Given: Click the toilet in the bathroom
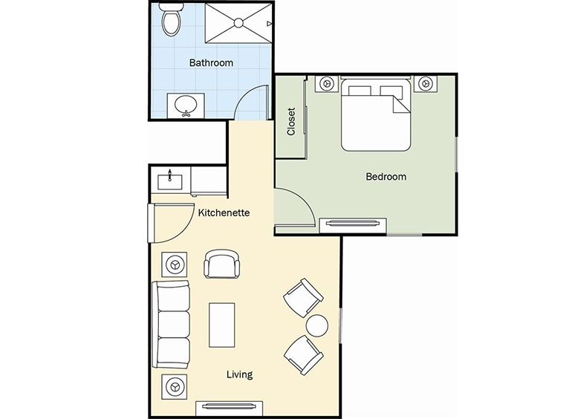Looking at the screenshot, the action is point(171,19).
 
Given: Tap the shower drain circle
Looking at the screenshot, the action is point(238,23).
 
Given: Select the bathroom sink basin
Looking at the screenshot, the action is point(186,105).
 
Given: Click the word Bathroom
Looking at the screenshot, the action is point(211,63).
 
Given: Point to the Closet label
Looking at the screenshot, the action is point(291,121).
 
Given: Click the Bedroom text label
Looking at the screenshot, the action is point(386,177).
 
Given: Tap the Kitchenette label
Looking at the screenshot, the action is point(224,212).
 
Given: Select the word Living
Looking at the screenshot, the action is point(239,374).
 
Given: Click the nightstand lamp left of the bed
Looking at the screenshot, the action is point(327,84).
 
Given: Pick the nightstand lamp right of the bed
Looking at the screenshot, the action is point(426,84).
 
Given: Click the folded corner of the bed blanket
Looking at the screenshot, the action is point(399,104).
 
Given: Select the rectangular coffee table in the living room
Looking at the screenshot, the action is point(222,325).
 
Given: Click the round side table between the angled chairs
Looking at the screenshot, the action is point(317,325).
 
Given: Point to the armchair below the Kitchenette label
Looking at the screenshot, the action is point(222,264).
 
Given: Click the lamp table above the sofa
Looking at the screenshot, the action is point(175,264).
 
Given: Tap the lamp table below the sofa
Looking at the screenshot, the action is point(175,387).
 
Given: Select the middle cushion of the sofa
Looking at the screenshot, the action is point(174,325).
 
